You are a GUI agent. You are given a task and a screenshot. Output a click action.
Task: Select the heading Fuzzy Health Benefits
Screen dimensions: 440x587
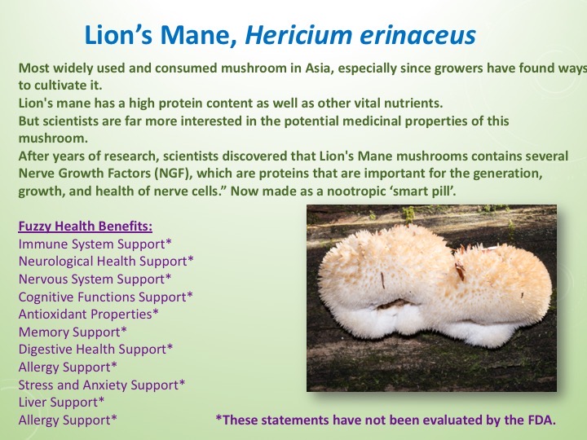click(x=85, y=226)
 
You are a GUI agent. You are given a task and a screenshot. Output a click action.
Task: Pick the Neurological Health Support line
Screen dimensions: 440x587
click(x=106, y=262)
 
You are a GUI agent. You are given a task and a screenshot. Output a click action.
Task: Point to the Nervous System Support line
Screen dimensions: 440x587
click(x=95, y=279)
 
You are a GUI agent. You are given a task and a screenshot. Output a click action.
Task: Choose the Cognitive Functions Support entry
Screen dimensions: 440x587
click(x=106, y=297)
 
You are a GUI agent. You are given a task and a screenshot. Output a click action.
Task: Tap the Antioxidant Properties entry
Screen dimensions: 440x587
click(x=88, y=314)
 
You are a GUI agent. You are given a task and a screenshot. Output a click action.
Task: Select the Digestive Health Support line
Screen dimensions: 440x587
click(x=95, y=350)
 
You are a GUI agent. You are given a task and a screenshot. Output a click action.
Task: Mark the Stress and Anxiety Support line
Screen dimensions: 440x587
click(x=102, y=385)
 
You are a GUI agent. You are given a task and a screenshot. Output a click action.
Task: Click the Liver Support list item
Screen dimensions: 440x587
click(x=62, y=403)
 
